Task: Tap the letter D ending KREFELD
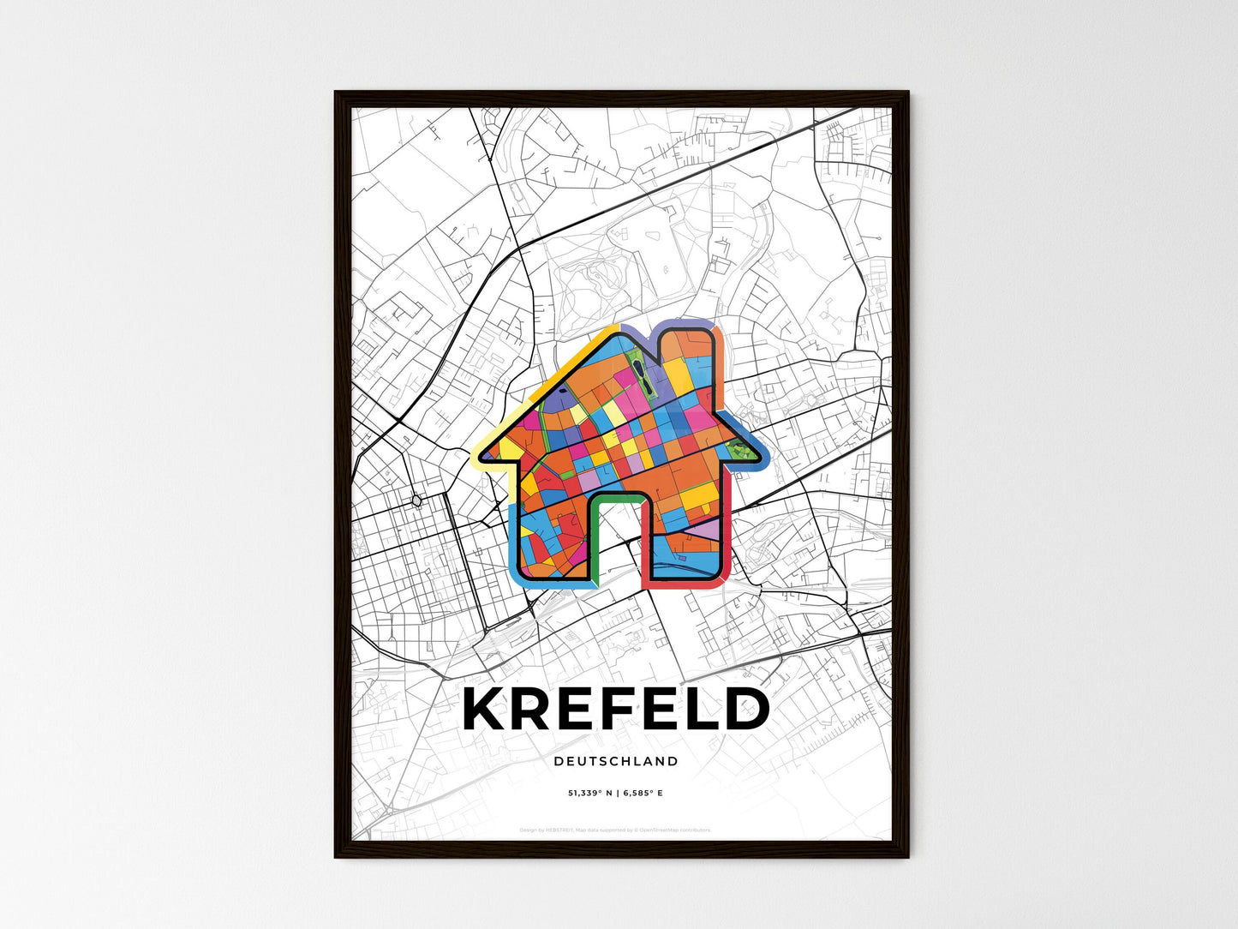click(744, 710)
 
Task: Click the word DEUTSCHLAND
click(615, 761)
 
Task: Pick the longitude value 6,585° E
click(642, 794)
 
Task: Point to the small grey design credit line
click(615, 830)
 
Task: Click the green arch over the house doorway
click(617, 498)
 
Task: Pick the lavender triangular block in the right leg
click(708, 531)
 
